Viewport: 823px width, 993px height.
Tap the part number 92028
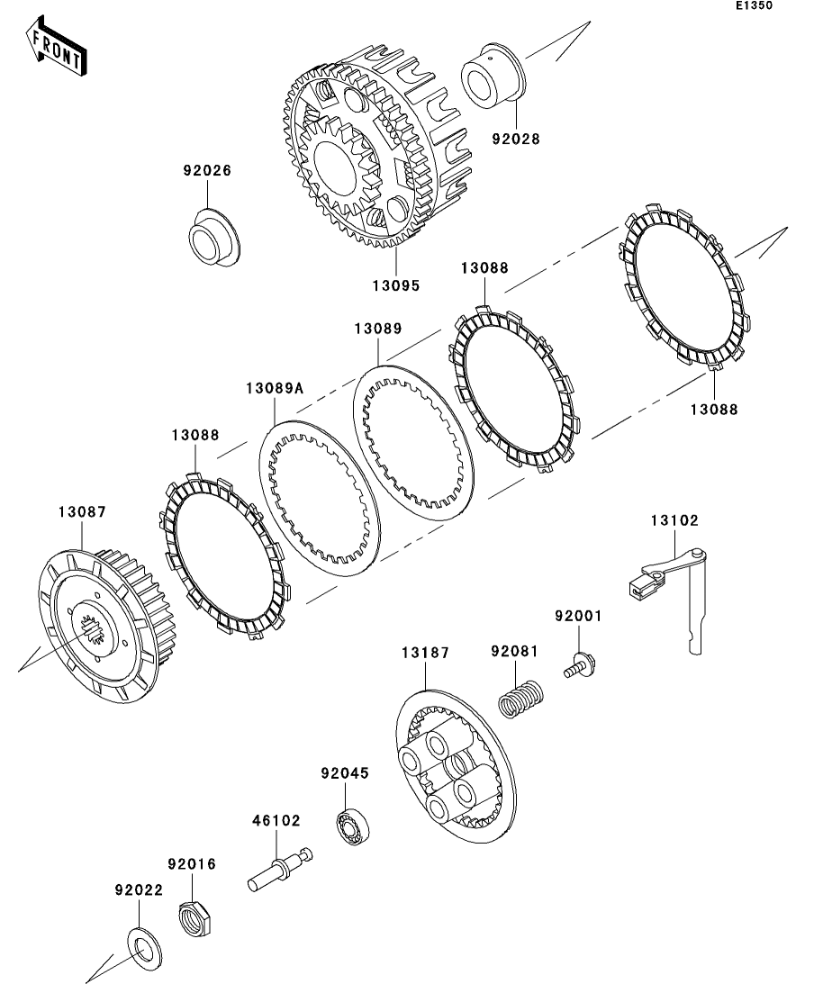pyautogui.click(x=516, y=139)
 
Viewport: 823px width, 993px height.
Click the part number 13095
pyautogui.click(x=395, y=285)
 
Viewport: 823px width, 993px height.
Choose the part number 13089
pyautogui.click(x=377, y=329)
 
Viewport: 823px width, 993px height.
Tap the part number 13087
pyautogui.click(x=83, y=511)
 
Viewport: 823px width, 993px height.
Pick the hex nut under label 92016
pyautogui.click(x=196, y=918)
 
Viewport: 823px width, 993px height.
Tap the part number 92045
pyautogui.click(x=345, y=773)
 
